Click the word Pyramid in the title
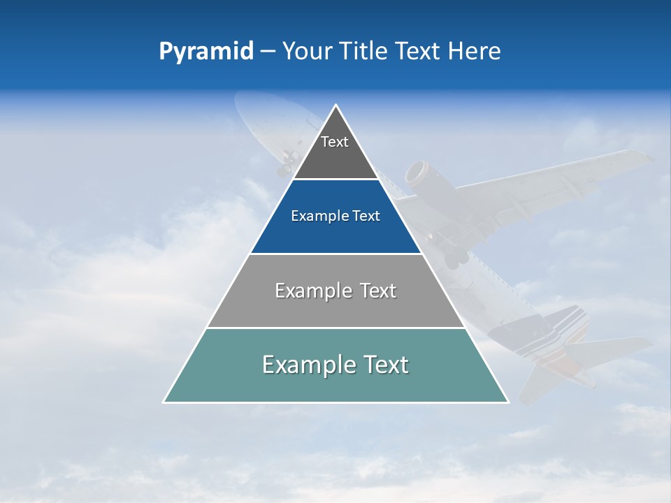tap(205, 52)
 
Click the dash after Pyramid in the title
tap(268, 52)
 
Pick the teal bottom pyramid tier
tap(335, 384)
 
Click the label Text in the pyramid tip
tap(335, 142)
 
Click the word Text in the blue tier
tap(367, 217)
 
